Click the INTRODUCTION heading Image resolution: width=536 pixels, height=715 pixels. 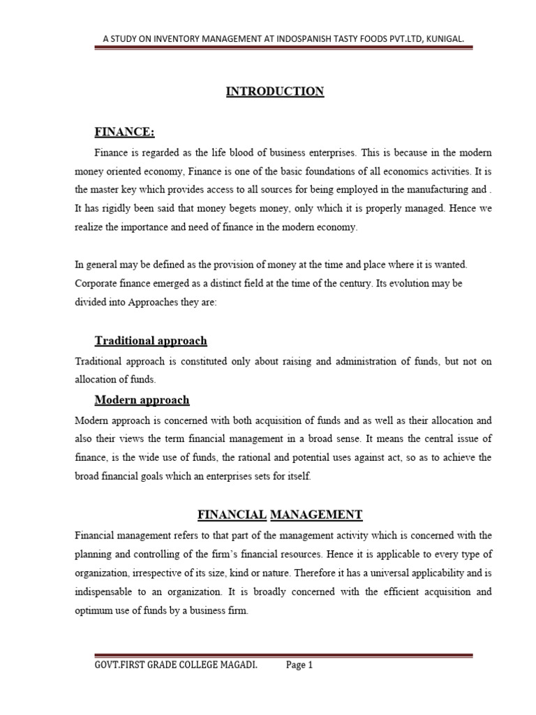275,91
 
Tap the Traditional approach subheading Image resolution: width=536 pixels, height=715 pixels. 151,341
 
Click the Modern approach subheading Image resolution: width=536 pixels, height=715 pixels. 142,400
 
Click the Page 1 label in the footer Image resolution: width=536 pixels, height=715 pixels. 299,665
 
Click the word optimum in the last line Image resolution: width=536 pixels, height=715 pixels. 94,610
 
